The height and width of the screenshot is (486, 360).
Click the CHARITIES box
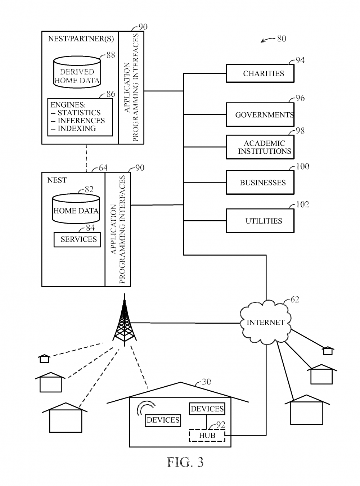[x=260, y=73]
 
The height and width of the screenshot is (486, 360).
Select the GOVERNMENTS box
[x=260, y=115]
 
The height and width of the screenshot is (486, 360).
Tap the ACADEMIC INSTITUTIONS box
[x=260, y=147]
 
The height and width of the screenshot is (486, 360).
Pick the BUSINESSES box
[x=260, y=183]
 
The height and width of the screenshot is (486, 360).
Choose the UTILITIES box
[x=260, y=221]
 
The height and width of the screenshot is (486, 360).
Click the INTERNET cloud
[x=265, y=323]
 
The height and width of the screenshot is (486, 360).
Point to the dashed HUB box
[x=207, y=436]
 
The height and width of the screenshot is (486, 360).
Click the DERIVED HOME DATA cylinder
[x=77, y=72]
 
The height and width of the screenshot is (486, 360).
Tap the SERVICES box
[x=77, y=239]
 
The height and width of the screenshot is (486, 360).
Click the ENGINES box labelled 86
[x=80, y=117]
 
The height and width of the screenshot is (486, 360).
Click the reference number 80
[x=282, y=39]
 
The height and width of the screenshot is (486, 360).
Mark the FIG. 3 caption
[x=185, y=462]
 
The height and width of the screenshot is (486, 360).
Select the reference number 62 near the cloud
[x=294, y=300]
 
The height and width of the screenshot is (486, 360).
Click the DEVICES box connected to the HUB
[x=207, y=409]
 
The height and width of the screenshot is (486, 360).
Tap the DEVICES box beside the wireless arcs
[x=163, y=420]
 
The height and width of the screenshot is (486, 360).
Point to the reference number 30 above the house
[x=206, y=382]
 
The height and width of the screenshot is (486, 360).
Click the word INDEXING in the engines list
[x=77, y=129]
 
